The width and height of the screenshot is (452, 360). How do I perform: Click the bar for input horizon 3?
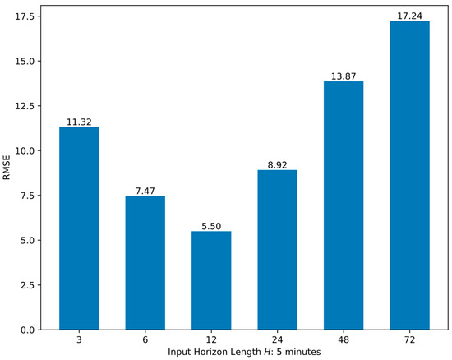point(79,228)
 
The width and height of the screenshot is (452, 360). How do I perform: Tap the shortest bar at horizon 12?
point(211,280)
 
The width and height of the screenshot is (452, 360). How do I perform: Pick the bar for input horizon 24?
point(278,250)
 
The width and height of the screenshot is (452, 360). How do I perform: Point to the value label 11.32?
point(79,122)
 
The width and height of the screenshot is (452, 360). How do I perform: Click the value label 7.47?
point(145,191)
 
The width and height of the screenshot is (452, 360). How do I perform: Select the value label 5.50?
point(211,226)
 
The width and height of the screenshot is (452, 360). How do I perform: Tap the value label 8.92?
point(278,164)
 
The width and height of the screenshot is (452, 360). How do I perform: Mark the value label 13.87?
point(344,76)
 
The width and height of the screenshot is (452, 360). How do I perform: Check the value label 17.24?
point(409,16)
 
